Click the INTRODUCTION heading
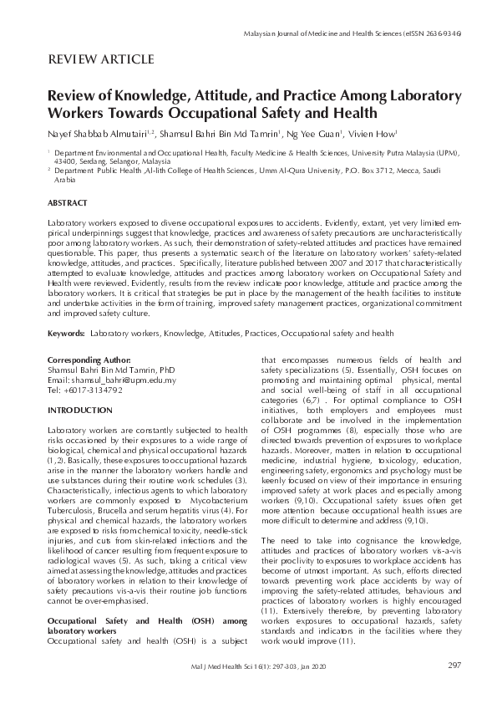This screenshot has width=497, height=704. [80, 411]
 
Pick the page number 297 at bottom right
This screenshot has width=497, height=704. [454, 666]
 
